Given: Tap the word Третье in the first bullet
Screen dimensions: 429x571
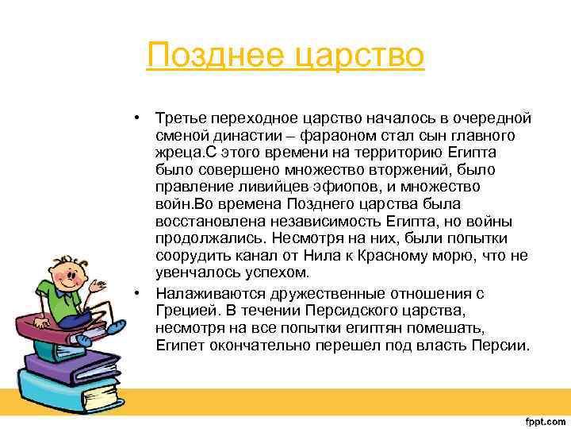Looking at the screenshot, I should (x=180, y=118).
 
